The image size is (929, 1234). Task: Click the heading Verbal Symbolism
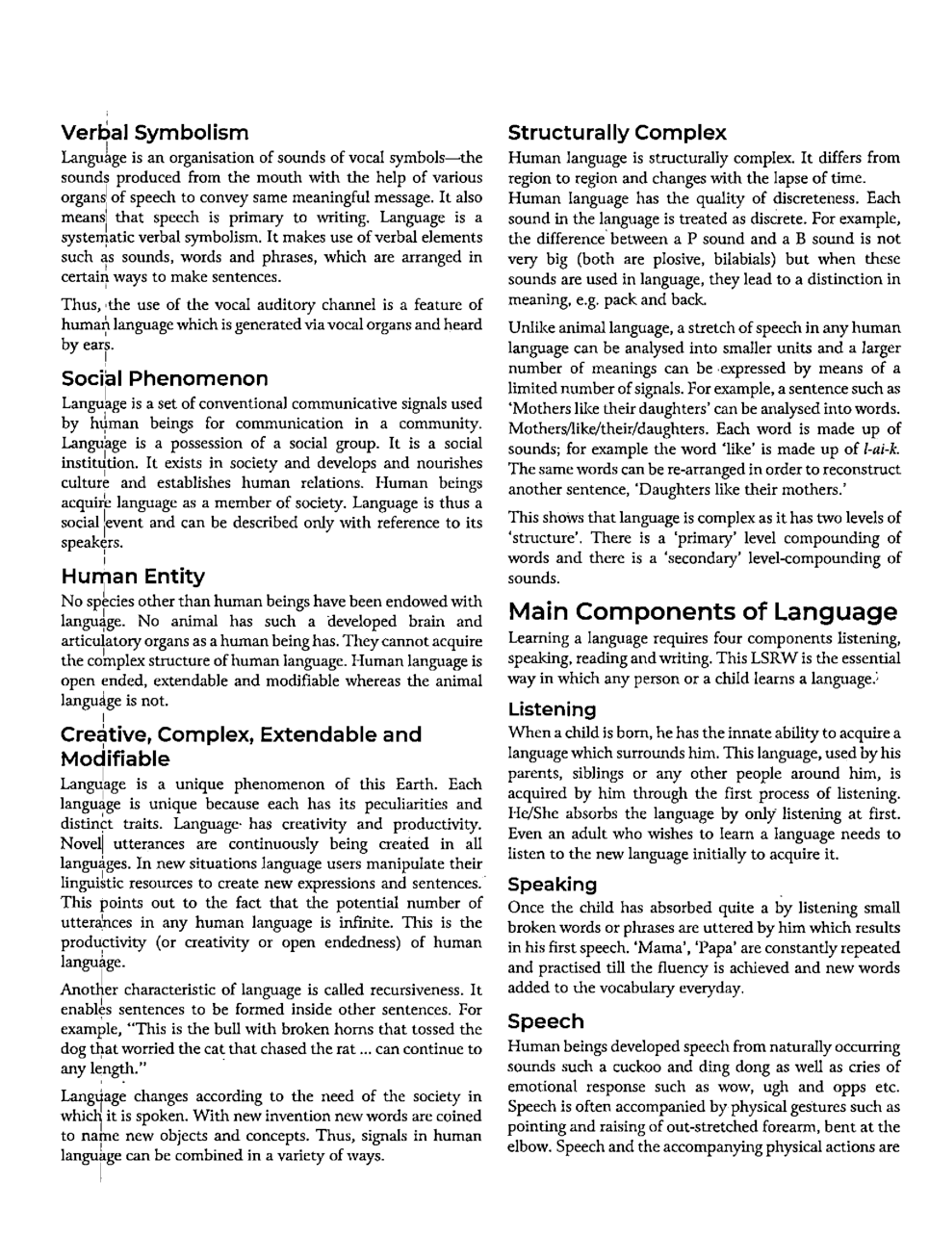tap(154, 133)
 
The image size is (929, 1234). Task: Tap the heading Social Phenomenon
tap(164, 378)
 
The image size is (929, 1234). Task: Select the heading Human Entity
tap(133, 577)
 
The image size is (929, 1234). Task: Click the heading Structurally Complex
tap(617, 133)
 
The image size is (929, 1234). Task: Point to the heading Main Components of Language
tap(702, 612)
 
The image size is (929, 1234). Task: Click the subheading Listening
tap(552, 709)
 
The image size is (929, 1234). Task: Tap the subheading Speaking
tap(552, 884)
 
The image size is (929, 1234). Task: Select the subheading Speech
tap(545, 1021)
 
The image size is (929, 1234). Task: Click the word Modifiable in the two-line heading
tap(115, 758)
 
